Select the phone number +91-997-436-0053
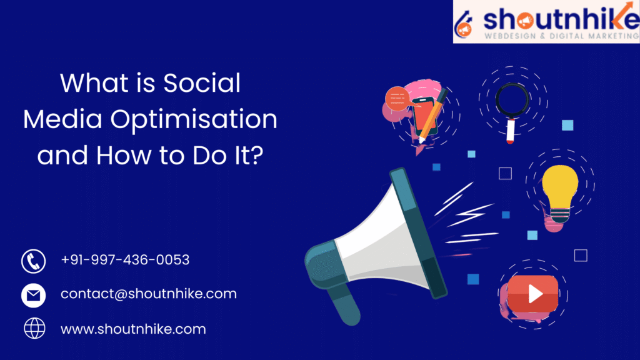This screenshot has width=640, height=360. [125, 259]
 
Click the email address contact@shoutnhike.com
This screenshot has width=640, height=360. [148, 294]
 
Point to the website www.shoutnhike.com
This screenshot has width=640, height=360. [132, 328]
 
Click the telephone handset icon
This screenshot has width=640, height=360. [33, 261]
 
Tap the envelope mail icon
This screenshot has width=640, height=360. [33, 294]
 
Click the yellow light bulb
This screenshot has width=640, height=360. [559, 187]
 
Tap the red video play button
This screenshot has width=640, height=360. [532, 294]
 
